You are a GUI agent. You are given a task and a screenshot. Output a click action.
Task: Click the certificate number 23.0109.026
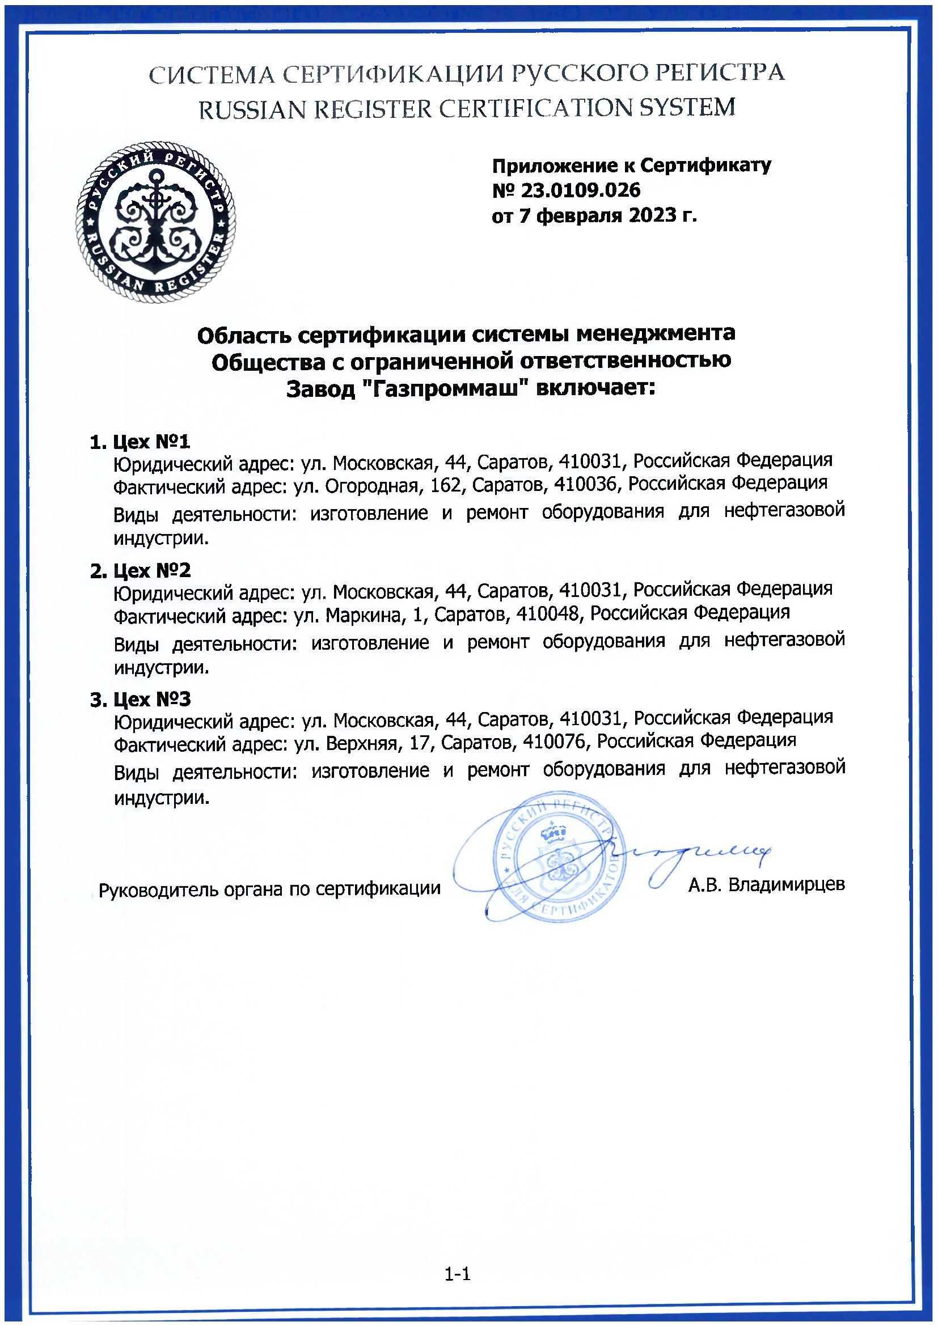(x=583, y=190)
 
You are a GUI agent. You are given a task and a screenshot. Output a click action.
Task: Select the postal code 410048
(x=548, y=612)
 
